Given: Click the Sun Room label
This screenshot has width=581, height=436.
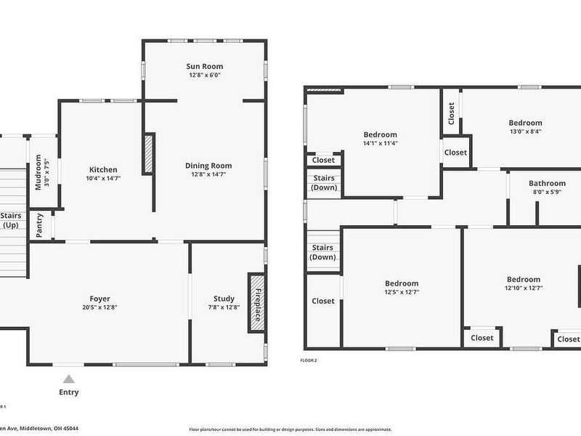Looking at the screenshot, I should tap(203, 65).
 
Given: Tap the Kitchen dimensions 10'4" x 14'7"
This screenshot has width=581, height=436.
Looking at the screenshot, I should tap(103, 178).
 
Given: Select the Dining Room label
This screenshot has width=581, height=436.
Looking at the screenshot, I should tap(208, 166).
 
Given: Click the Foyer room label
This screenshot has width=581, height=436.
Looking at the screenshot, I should tap(99, 298).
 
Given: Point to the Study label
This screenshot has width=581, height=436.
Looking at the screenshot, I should tap(224, 298).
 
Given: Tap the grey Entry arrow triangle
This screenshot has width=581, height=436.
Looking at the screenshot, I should tap(68, 379).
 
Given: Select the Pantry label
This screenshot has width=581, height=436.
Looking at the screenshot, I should tap(39, 225).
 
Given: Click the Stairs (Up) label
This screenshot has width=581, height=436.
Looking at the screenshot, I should tap(11, 220).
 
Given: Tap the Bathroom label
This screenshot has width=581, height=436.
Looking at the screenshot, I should tap(547, 183).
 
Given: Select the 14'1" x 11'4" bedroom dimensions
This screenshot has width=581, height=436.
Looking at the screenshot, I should tap(380, 143).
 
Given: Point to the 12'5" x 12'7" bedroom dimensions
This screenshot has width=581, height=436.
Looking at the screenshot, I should tap(401, 292).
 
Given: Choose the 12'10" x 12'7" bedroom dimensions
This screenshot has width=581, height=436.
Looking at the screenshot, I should tap(524, 288).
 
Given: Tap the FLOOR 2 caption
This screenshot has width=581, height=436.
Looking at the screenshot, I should tap(309, 360).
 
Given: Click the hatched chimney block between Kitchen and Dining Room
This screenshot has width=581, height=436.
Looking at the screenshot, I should tap(150, 153).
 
